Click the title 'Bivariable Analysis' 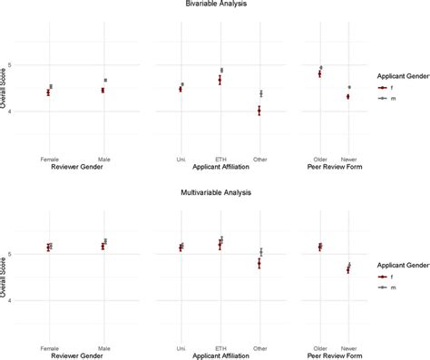click(x=214, y=5)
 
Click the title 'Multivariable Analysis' click(x=214, y=193)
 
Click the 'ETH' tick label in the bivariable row click(x=220, y=159)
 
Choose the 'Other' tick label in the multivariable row click(x=260, y=347)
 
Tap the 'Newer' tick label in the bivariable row click(x=348, y=159)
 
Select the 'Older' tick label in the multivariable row click(x=319, y=347)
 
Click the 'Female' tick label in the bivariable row click(x=49, y=159)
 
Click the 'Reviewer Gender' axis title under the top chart click(x=76, y=167)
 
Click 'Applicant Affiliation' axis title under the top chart click(x=220, y=167)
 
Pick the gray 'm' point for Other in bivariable click(x=261, y=93)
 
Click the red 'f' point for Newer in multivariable click(x=347, y=269)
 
